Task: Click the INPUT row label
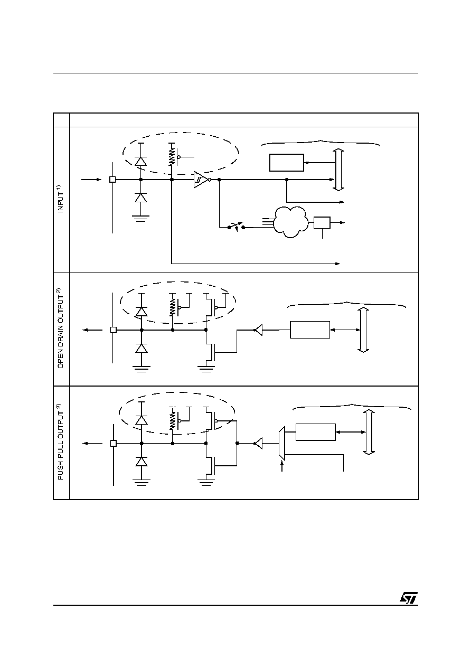(x=60, y=199)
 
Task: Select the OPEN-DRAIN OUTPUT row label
(x=60, y=328)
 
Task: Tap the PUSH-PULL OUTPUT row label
(x=60, y=441)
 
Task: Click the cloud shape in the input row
(x=290, y=222)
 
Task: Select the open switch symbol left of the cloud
(x=236, y=227)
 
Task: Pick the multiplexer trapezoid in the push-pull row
(x=282, y=443)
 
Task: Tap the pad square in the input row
(x=112, y=180)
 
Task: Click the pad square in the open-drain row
(x=114, y=330)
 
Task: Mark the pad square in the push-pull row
(x=114, y=444)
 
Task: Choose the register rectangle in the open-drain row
(x=310, y=330)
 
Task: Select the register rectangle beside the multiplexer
(x=316, y=432)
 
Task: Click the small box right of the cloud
(x=322, y=222)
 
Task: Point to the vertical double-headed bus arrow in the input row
(x=338, y=170)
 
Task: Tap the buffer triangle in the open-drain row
(x=258, y=330)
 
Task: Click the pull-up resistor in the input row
(x=172, y=157)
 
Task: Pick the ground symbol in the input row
(x=140, y=219)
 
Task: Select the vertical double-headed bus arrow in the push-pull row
(x=369, y=432)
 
